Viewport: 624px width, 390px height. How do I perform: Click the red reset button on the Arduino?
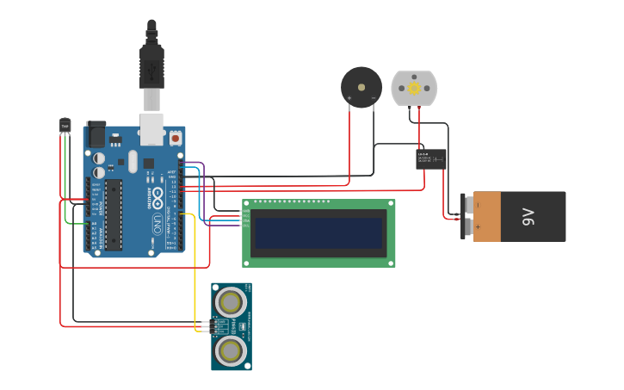pyautogui.click(x=176, y=138)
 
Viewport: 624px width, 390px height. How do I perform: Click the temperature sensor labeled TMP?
pyautogui.click(x=65, y=126)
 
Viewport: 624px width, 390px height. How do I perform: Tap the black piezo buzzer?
pyautogui.click(x=361, y=86)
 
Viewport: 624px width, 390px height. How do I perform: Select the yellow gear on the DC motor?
pyautogui.click(x=414, y=88)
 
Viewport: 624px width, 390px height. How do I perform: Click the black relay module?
pyautogui.click(x=430, y=158)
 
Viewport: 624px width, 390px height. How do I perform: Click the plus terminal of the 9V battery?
pyautogui.click(x=469, y=227)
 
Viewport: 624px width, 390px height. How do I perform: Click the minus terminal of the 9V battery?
pyautogui.click(x=469, y=205)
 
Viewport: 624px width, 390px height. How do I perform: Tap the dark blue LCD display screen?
pyautogui.click(x=318, y=232)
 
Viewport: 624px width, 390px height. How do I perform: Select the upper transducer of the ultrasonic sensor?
pyautogui.click(x=231, y=301)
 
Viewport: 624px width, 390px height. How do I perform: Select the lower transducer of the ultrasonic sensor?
pyautogui.click(x=231, y=350)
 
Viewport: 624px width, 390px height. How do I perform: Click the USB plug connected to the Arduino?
pyautogui.click(x=151, y=65)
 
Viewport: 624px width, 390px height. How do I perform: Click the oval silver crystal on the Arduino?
pyautogui.click(x=133, y=161)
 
